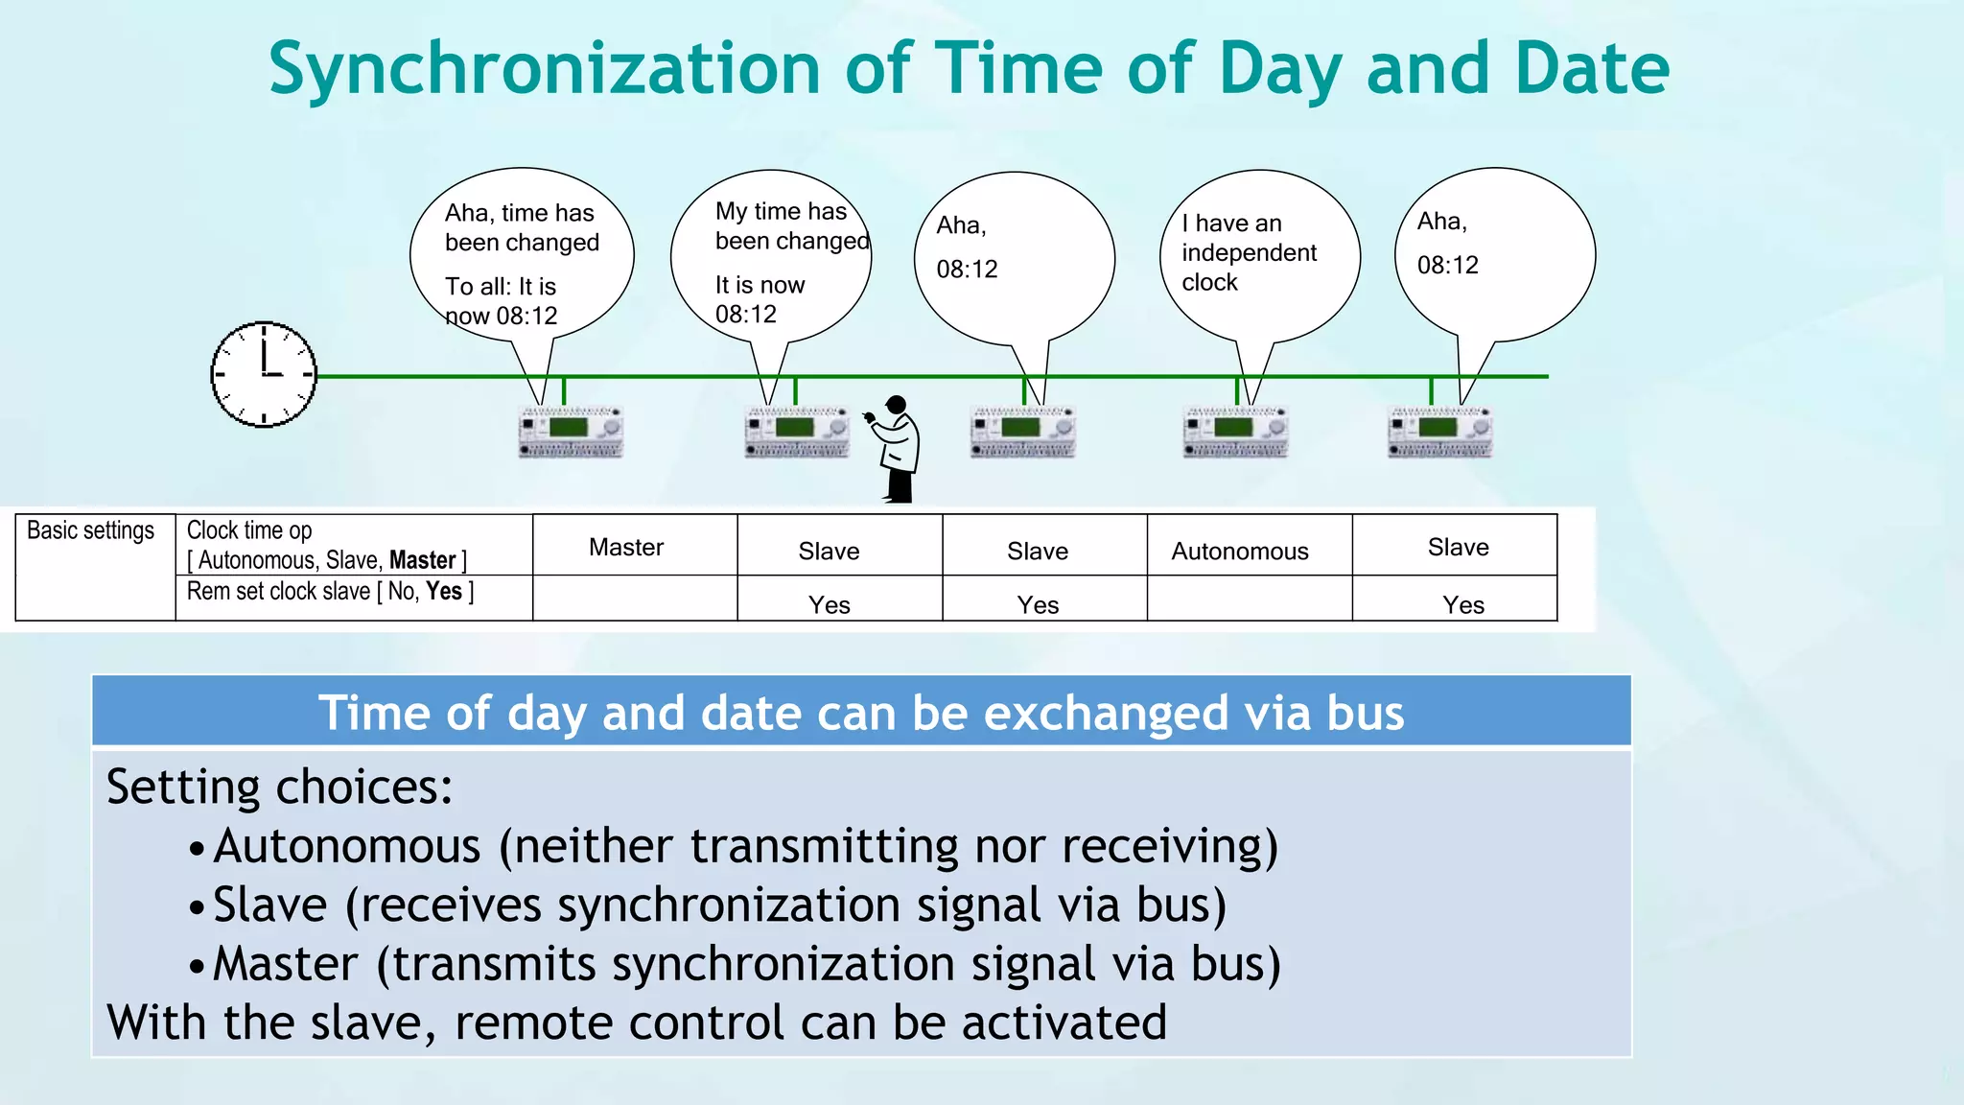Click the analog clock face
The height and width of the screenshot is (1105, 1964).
264,374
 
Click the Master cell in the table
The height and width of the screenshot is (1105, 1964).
626,547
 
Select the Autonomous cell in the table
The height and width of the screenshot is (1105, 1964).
1240,551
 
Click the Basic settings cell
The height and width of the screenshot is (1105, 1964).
90,530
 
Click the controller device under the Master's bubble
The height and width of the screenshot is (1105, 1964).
571,432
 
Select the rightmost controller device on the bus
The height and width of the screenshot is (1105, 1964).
1440,432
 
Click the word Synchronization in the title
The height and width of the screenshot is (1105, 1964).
544,69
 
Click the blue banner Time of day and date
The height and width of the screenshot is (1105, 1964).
860,713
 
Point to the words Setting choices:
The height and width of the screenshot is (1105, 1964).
279,787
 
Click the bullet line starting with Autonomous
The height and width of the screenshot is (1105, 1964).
745,846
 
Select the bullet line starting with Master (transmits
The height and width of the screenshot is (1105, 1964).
745,964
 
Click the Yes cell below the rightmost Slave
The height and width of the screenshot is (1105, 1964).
1462,604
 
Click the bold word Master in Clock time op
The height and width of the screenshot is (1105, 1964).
422,560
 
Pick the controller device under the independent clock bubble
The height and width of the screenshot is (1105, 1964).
1235,432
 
